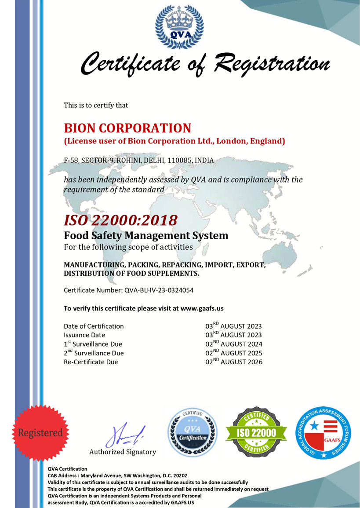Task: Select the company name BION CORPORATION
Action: [127, 128]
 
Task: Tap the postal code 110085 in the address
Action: [178, 161]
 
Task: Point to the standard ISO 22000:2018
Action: [121, 219]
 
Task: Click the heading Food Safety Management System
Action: [146, 235]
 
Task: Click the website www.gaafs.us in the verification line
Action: [202, 308]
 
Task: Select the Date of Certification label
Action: [94, 326]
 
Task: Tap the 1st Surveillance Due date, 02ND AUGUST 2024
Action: [234, 344]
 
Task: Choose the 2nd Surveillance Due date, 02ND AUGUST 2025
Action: [234, 353]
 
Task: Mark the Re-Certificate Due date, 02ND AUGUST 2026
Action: [234, 362]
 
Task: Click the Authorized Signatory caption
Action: [123, 452]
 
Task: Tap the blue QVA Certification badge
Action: [193, 432]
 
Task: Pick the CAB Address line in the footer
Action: [117, 475]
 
